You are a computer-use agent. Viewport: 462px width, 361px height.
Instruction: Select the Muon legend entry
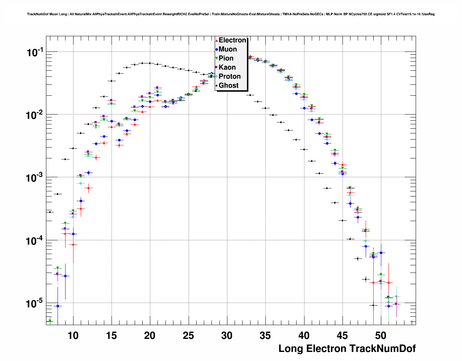(227, 49)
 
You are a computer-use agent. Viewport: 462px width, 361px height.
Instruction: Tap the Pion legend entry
(226, 58)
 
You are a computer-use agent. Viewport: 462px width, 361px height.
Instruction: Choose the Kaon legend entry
(227, 67)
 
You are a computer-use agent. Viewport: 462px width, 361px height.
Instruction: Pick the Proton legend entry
(229, 76)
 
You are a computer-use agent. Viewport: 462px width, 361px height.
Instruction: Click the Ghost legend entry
(228, 86)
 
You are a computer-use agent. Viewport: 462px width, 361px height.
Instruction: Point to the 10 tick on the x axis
(73, 336)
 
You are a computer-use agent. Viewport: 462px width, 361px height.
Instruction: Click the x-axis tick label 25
(188, 336)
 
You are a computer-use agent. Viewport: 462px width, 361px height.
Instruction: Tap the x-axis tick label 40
(304, 336)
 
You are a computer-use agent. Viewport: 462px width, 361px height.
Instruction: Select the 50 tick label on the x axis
(381, 336)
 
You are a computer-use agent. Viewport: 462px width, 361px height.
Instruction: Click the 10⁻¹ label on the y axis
(35, 53)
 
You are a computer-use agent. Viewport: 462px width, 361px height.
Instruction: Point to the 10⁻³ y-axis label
(35, 178)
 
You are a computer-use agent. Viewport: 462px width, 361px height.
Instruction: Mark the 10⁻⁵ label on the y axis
(35, 303)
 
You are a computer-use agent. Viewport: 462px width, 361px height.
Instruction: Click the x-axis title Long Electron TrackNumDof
(347, 349)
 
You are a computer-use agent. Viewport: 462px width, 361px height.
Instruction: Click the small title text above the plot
(231, 14)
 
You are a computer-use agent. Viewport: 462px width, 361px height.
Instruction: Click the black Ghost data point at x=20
(150, 63)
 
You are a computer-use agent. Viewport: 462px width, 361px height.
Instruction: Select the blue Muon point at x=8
(58, 306)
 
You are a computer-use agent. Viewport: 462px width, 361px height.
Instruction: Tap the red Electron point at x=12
(88, 188)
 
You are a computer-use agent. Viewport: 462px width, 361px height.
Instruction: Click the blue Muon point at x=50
(381, 253)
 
